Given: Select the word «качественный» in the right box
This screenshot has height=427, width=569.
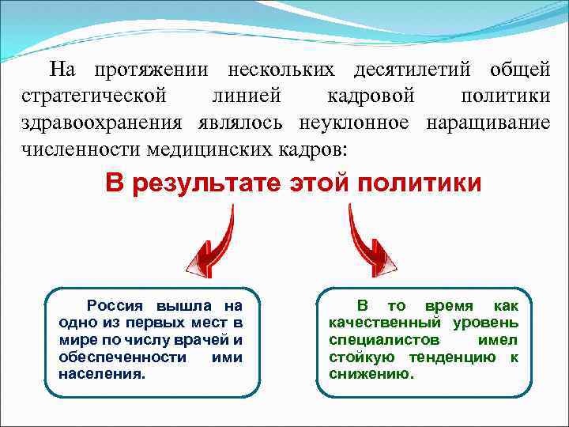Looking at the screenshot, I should click(x=386, y=323).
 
